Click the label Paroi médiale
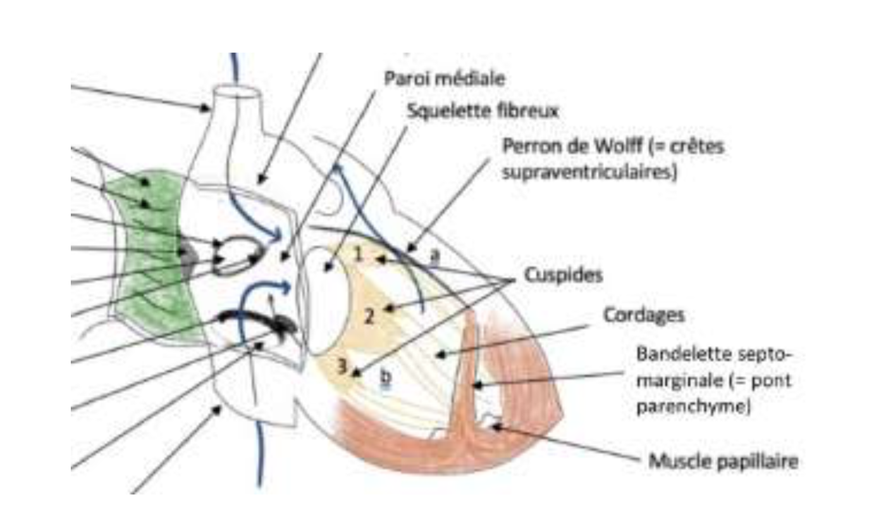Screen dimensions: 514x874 445,79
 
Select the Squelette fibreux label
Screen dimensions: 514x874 483,111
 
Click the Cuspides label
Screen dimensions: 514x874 563,276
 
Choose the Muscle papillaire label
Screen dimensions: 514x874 723,461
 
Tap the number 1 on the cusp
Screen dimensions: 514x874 358,254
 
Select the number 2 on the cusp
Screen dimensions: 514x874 369,315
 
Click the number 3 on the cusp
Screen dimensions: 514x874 342,365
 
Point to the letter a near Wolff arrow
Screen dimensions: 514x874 434,254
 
